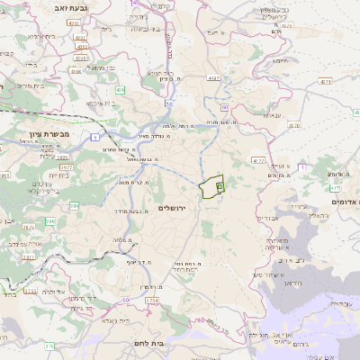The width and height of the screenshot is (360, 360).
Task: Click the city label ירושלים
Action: coord(169,208)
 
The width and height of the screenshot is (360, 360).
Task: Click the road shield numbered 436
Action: coord(121,91)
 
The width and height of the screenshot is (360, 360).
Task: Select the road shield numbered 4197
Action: coord(215,79)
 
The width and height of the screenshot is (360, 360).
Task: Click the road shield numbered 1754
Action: coord(150,299)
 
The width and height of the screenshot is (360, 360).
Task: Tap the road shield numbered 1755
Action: coord(30,291)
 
